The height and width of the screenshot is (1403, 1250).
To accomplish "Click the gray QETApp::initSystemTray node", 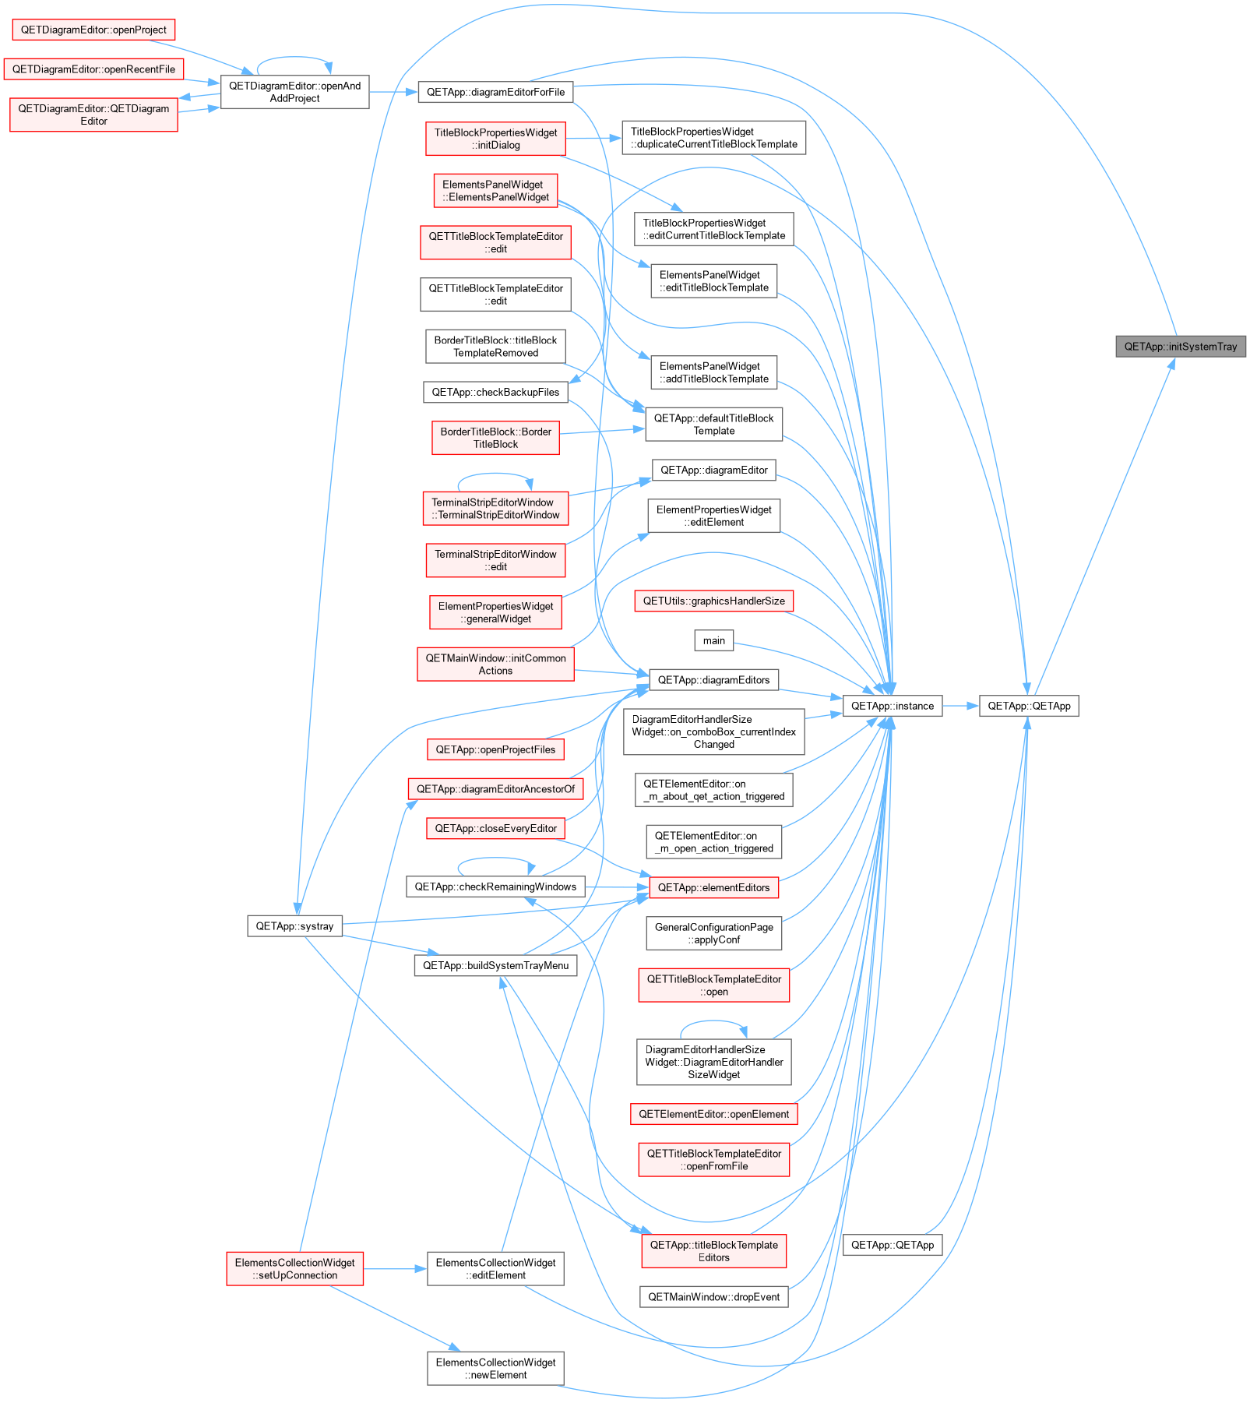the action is (x=1181, y=347).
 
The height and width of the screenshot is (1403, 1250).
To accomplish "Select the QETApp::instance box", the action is (x=893, y=706).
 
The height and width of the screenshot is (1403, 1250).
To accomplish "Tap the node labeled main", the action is (x=714, y=640).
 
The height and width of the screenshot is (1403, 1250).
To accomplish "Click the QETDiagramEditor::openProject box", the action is (x=93, y=30).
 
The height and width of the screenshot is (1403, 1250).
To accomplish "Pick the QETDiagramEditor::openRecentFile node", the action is (x=93, y=69).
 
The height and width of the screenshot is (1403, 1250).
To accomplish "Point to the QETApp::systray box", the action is (x=294, y=926).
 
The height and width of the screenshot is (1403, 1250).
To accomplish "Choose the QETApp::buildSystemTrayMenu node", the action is (x=495, y=965).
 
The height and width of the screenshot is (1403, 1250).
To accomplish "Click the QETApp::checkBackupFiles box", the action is (x=495, y=392).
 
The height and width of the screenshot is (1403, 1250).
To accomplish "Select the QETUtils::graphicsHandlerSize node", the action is (x=714, y=601).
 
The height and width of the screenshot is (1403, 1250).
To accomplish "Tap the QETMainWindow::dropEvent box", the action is (x=714, y=1297).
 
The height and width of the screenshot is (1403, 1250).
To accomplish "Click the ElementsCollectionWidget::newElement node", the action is (x=495, y=1369).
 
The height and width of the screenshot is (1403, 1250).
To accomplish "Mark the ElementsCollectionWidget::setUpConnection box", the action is (x=294, y=1269).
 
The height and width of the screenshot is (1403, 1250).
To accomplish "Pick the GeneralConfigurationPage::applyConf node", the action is (x=714, y=933).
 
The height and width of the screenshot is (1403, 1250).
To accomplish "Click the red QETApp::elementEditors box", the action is (x=714, y=887).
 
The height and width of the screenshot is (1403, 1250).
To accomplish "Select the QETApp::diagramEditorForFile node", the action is (x=495, y=92).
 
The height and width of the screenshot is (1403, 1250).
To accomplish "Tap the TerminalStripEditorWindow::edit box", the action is (x=495, y=560).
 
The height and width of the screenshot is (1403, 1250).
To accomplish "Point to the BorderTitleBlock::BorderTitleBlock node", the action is (x=495, y=438).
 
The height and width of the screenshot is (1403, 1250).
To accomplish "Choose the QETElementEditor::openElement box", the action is (x=714, y=1114).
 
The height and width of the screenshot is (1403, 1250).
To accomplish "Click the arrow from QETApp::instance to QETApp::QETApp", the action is (x=960, y=706).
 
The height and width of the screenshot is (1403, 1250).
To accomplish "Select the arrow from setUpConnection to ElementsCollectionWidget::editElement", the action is (x=395, y=1269).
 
